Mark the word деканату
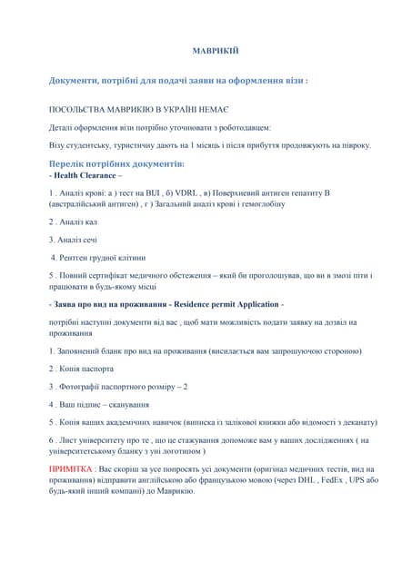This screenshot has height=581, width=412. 357,422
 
